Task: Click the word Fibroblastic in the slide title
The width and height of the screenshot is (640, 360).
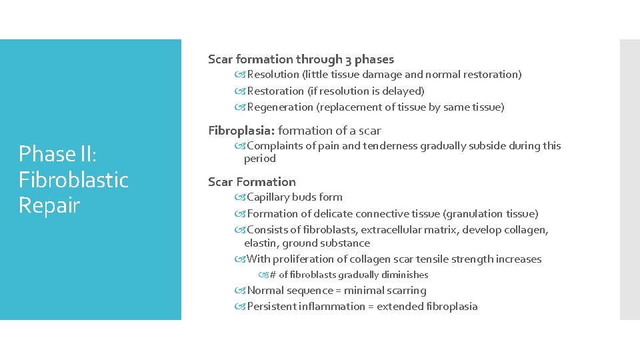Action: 73,180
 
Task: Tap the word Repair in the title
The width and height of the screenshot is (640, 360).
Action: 49,205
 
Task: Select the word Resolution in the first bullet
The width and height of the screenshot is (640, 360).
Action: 273,75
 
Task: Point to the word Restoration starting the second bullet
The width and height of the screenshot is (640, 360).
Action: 275,91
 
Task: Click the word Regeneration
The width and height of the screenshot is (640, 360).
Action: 279,107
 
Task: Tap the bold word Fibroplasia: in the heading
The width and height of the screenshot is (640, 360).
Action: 241,131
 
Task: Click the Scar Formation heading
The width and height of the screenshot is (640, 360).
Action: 252,182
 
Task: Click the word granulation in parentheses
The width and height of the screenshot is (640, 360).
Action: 472,214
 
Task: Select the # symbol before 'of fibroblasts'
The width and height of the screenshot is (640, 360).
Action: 272,275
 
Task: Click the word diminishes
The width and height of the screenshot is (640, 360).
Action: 405,275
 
